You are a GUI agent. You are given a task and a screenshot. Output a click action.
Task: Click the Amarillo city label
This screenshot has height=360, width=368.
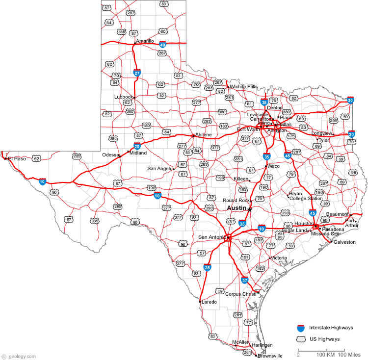(x=145, y=41)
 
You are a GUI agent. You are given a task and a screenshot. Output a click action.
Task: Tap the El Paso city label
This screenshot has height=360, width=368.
(x=17, y=158)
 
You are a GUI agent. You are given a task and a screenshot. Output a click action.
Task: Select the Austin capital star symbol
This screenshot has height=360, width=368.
(x=250, y=209)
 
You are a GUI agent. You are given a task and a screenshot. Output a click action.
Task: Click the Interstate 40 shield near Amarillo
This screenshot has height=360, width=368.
(x=169, y=44)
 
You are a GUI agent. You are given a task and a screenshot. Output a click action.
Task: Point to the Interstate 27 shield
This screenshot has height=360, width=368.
(x=137, y=73)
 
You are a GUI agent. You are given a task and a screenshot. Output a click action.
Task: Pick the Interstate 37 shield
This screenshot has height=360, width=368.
(x=245, y=281)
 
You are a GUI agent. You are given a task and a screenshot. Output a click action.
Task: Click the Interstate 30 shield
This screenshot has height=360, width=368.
(x=350, y=100)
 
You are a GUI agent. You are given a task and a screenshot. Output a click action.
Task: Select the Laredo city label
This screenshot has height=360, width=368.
(x=209, y=302)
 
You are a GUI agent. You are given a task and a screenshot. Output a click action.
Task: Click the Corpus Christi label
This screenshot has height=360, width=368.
(x=241, y=294)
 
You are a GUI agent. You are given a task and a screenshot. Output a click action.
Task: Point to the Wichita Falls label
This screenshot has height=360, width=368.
(x=244, y=86)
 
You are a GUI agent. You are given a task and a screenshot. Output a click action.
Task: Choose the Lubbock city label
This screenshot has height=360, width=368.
(x=123, y=97)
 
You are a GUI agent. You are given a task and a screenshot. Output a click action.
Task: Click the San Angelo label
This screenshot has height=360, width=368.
(x=160, y=168)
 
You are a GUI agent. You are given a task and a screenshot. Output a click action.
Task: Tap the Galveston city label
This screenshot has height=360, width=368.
(x=344, y=242)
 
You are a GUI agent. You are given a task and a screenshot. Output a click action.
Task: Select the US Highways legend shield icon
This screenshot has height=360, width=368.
(x=301, y=339)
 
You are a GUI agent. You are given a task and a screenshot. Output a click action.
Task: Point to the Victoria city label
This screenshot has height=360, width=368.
(x=279, y=257)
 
